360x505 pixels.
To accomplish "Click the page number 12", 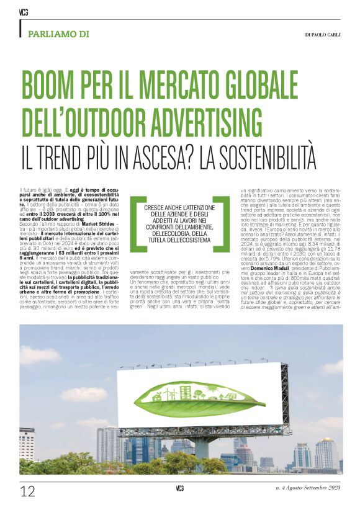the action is pyautogui.click(x=27, y=491).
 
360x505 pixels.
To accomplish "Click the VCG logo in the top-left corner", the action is pyautogui.click(x=24, y=12).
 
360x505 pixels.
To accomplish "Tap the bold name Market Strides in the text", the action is pyautogui.click(x=92, y=224).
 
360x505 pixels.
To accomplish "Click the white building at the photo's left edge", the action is pyautogui.click(x=27, y=444).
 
